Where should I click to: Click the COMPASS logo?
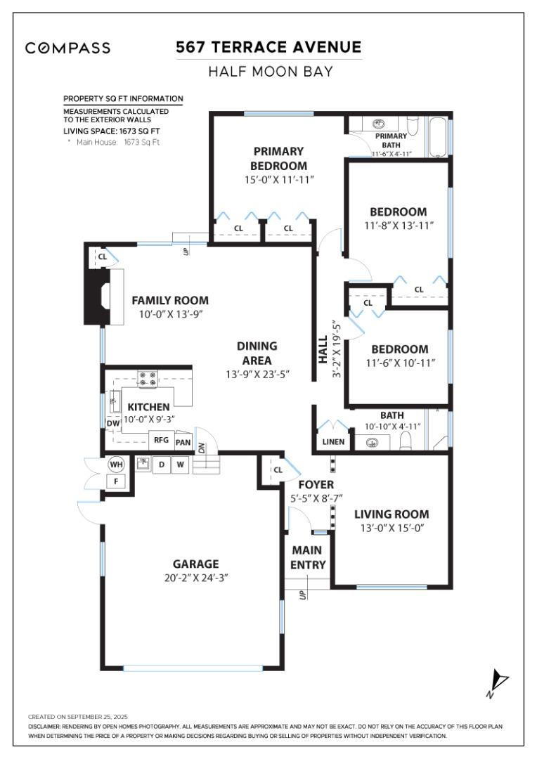(x=67, y=48)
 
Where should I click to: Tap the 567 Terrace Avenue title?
(x=268, y=47)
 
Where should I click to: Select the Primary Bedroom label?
(x=279, y=158)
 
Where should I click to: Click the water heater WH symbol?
(x=116, y=464)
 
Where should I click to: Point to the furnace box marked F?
(x=116, y=481)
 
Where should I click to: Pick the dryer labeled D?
(x=161, y=465)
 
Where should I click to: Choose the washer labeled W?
(x=180, y=465)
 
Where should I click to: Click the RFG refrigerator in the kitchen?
(x=160, y=441)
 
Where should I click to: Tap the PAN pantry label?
(x=183, y=442)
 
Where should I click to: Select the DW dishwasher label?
(x=113, y=423)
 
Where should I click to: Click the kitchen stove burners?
(x=148, y=379)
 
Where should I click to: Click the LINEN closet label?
(x=333, y=442)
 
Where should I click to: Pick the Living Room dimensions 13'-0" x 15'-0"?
(x=391, y=528)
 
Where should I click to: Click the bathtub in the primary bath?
(x=437, y=137)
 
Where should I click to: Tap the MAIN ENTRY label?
(x=308, y=557)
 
